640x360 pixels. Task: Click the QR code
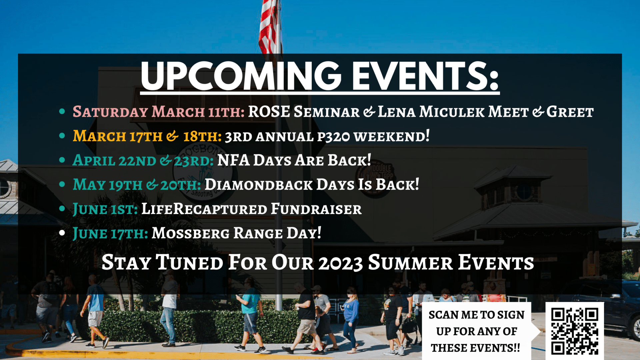(x=575, y=331)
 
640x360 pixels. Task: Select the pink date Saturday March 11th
(x=159, y=112)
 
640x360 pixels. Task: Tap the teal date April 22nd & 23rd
(x=143, y=160)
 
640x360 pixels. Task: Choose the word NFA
(x=233, y=160)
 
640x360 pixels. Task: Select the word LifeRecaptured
(x=204, y=209)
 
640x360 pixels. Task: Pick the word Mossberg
(x=191, y=233)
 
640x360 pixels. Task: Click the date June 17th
(x=110, y=233)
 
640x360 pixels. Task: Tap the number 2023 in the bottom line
(x=340, y=263)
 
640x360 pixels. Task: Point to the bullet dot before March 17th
(x=62, y=136)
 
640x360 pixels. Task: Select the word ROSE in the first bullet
(x=269, y=112)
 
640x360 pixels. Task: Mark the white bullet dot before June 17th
(x=62, y=233)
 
